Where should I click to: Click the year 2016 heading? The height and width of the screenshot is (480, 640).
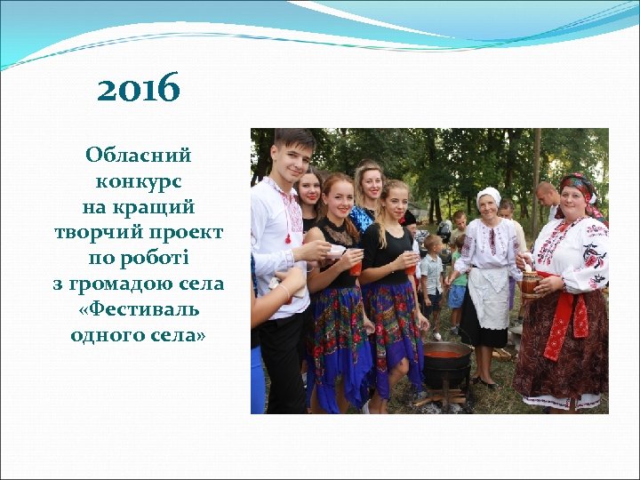pos(138,89)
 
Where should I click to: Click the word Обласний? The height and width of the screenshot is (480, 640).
pos(138,156)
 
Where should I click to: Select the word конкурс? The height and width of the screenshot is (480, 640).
pos(138,181)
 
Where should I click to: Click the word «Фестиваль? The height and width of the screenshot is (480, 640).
pos(138,310)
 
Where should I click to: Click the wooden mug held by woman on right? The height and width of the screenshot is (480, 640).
pos(531,284)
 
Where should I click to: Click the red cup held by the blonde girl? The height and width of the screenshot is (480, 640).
pos(411,263)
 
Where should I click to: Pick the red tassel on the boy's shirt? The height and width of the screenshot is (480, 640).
pos(287,237)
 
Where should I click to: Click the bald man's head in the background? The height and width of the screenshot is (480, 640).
pos(545,192)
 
